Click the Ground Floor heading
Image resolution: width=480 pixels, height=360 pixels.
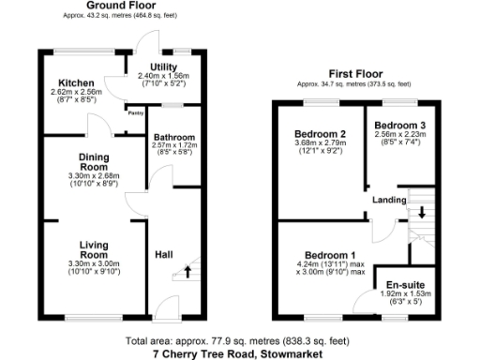(120, 6)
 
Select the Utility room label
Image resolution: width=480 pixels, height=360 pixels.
(157, 67)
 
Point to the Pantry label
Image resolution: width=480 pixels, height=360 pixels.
(136, 111)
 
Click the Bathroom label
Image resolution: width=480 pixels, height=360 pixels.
(173, 137)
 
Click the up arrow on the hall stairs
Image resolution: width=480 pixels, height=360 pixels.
(187, 273)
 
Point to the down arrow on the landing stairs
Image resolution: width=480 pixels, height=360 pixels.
(422, 211)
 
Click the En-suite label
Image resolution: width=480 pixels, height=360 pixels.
(407, 283)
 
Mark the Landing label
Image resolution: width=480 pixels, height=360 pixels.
(389, 200)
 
